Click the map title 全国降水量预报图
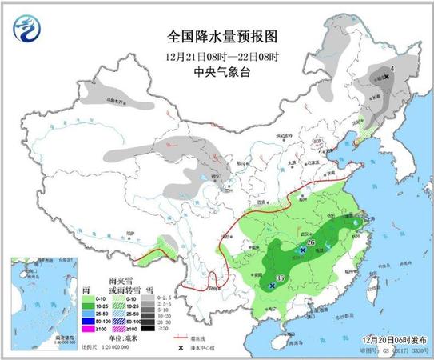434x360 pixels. click(216, 37)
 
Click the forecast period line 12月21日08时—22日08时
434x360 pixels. click(216, 56)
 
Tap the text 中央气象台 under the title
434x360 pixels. click(216, 71)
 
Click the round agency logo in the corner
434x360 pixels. click(27, 30)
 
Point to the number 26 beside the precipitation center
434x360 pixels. click(311, 242)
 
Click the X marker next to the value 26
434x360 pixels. click(302, 250)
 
